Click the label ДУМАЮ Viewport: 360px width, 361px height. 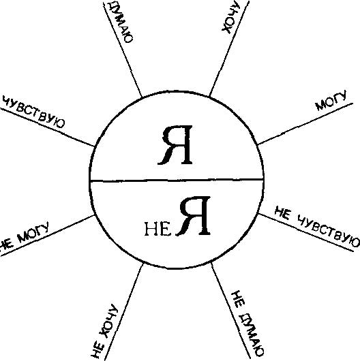pos(121,22)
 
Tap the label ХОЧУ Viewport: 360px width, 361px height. pos(230,16)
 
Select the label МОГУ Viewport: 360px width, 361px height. pos(331,101)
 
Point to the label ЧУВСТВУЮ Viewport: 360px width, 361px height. pos(34,112)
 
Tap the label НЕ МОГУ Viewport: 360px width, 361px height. pos(24,236)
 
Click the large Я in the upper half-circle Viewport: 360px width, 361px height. pos(175,145)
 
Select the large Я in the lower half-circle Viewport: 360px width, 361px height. pos(194,216)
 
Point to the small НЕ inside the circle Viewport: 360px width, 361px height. pos(158,230)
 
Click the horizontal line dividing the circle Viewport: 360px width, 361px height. pos(177,180)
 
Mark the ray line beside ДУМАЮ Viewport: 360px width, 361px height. pos(122,49)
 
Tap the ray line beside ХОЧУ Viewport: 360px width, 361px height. pos(229,48)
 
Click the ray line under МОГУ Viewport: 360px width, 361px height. pos(305,124)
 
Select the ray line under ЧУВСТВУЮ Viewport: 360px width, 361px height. pos(47,127)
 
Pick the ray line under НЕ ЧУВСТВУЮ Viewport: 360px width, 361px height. pos(305,232)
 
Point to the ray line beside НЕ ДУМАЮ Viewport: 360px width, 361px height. pos(230,312)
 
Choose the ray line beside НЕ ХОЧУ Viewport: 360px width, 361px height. pos(124,312)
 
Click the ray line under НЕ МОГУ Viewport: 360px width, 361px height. pos(47,235)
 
